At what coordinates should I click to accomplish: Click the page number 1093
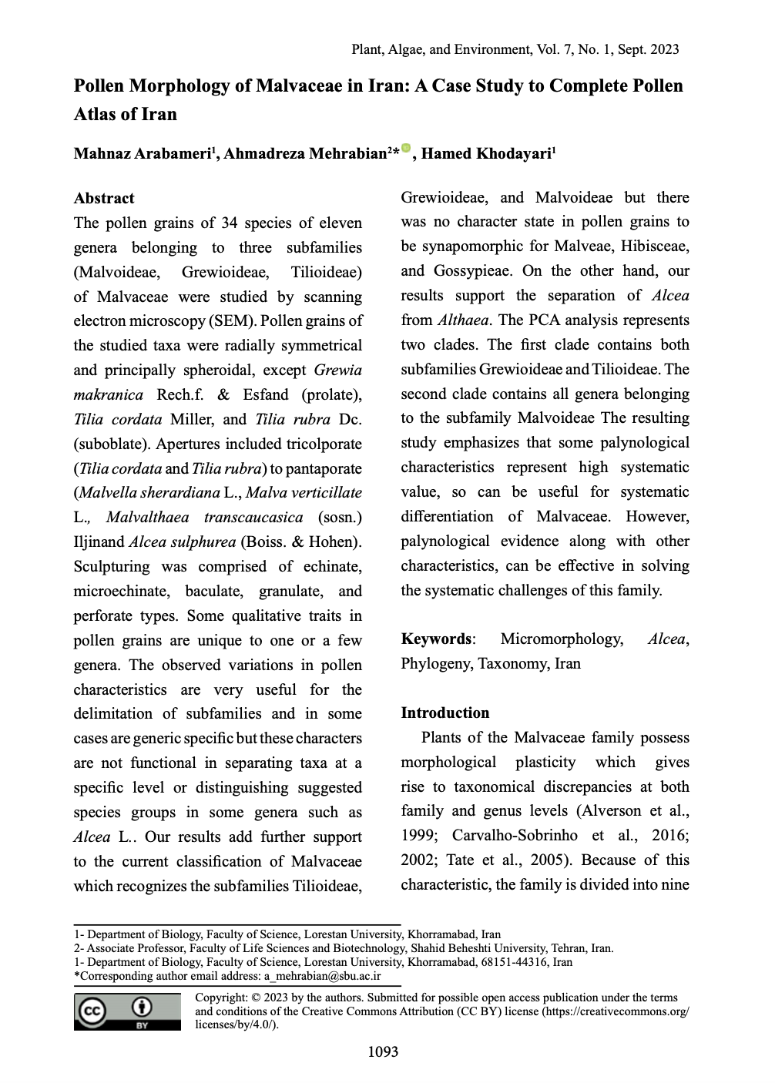pos(384,1051)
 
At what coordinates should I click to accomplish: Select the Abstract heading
pos(104,198)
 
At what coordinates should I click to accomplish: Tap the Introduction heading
pos(445,712)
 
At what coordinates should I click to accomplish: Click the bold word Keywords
pos(436,639)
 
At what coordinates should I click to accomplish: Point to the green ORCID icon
pos(406,148)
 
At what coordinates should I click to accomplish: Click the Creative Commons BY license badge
pos(127,1011)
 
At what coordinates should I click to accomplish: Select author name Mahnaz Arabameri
pos(143,153)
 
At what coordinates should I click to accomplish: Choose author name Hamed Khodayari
pos(485,153)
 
